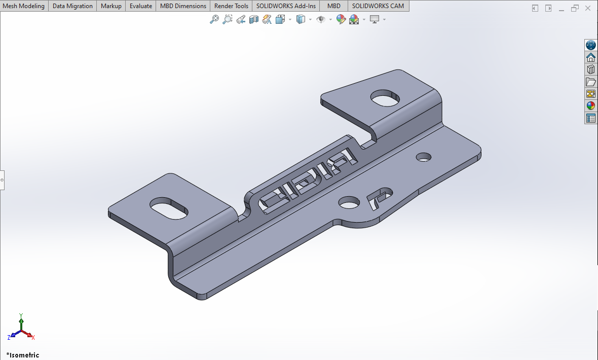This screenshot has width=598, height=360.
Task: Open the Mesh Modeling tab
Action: point(24,6)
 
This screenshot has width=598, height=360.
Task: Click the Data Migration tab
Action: point(72,6)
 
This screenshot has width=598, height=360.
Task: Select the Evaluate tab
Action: point(141,6)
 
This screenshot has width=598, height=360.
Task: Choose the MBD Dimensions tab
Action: point(183,6)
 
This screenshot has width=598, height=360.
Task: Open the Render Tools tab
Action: point(231,6)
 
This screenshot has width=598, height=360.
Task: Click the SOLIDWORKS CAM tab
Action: point(378,6)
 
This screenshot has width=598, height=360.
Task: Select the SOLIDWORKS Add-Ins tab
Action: point(286,6)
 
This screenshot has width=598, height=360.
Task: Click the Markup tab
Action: point(111,6)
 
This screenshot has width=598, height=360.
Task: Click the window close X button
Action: point(588,8)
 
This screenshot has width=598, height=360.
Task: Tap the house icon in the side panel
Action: point(591,57)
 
